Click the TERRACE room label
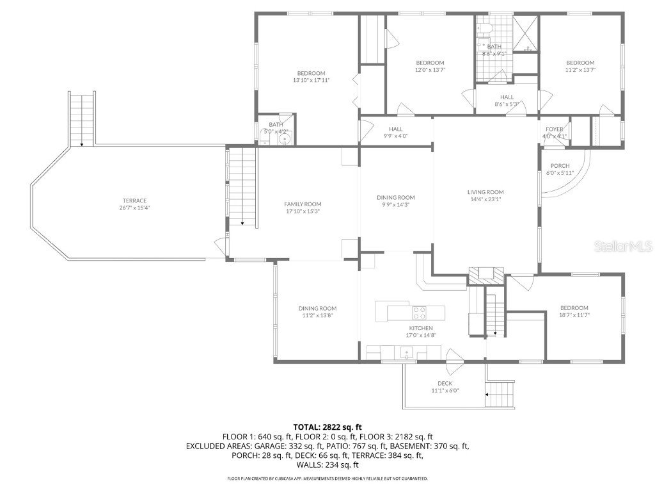tap(134, 201)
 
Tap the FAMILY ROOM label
tap(303, 204)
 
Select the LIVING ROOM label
tap(485, 192)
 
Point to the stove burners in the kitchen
tap(420, 313)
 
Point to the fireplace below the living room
tap(486, 275)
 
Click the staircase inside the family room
tap(242, 186)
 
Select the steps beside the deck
tap(501, 393)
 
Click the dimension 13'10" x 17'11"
tap(311, 80)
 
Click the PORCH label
tap(560, 166)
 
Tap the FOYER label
tap(555, 129)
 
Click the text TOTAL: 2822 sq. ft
tap(327, 427)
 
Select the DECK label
tap(445, 383)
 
